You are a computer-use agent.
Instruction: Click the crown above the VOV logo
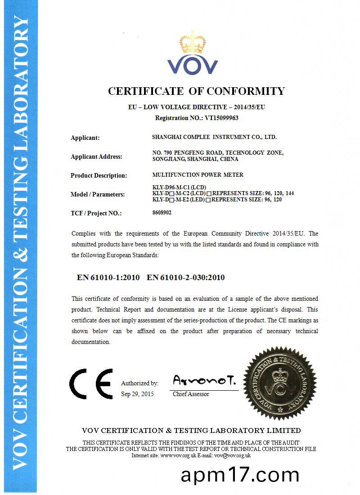click(193, 43)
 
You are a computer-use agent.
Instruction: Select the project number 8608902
click(162, 213)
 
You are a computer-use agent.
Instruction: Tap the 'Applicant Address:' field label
click(96, 157)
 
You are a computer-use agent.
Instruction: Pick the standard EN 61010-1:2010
click(108, 277)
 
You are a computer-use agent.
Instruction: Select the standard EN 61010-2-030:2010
click(186, 277)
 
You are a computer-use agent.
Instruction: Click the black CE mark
click(91, 384)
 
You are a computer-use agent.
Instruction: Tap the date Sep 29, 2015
click(137, 394)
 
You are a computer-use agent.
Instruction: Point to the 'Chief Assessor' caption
click(191, 394)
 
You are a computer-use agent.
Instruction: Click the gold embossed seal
click(279, 384)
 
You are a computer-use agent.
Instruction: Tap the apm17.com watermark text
click(240, 475)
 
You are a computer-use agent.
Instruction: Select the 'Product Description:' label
click(99, 175)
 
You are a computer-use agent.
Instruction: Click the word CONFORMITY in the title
click(246, 91)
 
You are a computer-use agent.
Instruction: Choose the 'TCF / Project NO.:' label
click(96, 213)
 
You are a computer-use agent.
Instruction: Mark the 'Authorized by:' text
click(139, 384)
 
